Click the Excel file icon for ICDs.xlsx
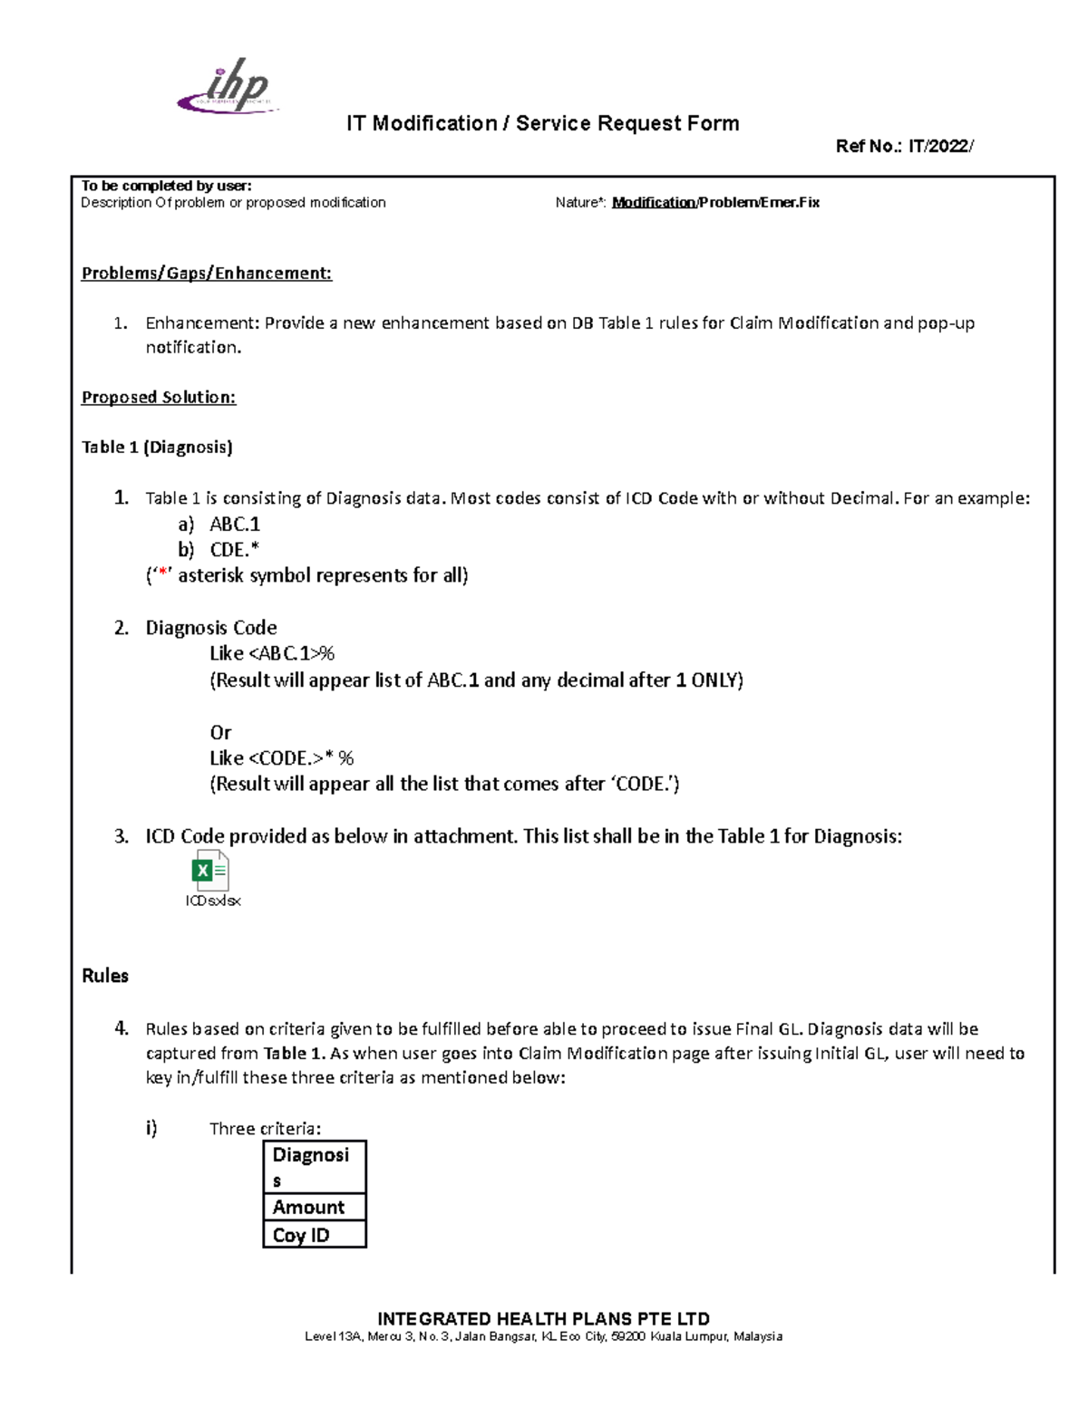pos(210,872)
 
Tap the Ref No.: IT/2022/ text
pos(904,146)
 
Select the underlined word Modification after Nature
pos(654,203)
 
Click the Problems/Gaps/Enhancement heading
pos(207,274)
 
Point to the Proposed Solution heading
pos(159,397)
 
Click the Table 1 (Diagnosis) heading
pos(157,447)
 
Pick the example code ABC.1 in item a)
pos(235,524)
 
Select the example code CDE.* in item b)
pos(235,550)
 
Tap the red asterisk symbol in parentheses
pos(163,575)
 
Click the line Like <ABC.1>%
pos(272,653)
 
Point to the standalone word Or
pos(220,732)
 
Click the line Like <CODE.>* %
pos(282,758)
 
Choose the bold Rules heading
pos(105,976)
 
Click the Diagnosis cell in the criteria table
pos(314,1167)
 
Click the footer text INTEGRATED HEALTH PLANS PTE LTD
pos(543,1319)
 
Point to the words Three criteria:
pos(265,1129)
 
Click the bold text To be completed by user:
pos(166,186)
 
